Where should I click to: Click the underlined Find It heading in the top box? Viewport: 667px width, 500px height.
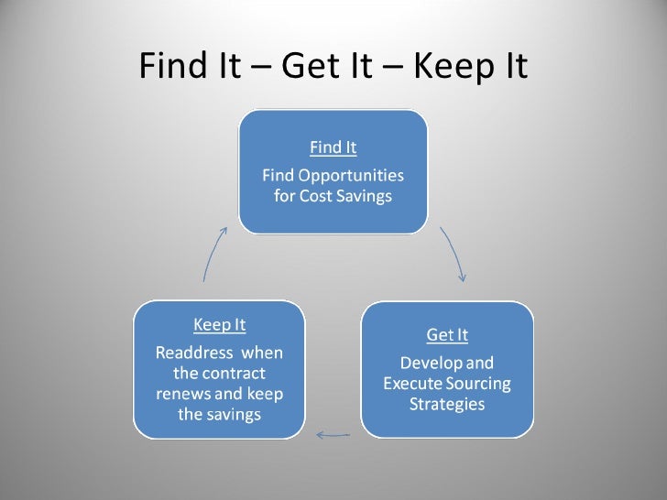333,147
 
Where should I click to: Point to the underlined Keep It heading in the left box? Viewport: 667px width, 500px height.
219,324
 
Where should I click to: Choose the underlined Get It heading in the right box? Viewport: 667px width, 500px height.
447,334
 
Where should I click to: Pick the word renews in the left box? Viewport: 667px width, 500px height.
180,394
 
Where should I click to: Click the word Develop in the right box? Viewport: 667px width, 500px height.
425,363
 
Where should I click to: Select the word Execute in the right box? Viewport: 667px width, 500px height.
411,383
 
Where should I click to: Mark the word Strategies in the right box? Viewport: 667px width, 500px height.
447,404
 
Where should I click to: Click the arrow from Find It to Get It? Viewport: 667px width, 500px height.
454,254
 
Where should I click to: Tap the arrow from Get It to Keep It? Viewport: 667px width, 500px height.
333,433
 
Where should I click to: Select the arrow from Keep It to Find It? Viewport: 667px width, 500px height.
213,254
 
